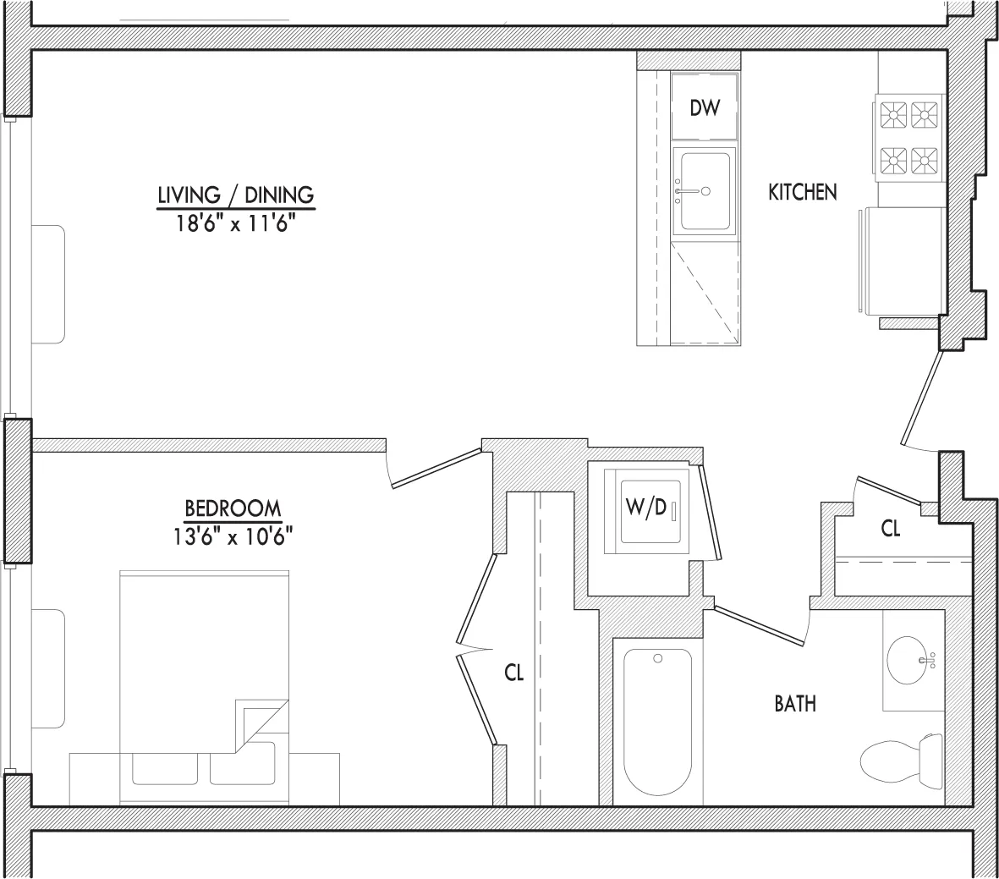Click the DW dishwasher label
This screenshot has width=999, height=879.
[x=704, y=108]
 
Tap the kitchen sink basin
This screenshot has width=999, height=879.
[x=705, y=192]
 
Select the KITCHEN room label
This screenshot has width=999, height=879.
[x=802, y=192]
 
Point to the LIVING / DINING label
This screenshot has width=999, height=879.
[x=235, y=195]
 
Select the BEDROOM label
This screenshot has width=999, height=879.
[x=233, y=508]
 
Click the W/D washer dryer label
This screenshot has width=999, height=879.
[x=646, y=508]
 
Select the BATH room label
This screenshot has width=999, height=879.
[x=795, y=703]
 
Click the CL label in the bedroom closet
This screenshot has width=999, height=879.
[x=514, y=673]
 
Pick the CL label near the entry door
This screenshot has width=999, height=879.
[x=891, y=529]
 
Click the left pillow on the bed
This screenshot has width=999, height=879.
[x=165, y=769]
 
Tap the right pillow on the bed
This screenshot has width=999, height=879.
[x=241, y=769]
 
